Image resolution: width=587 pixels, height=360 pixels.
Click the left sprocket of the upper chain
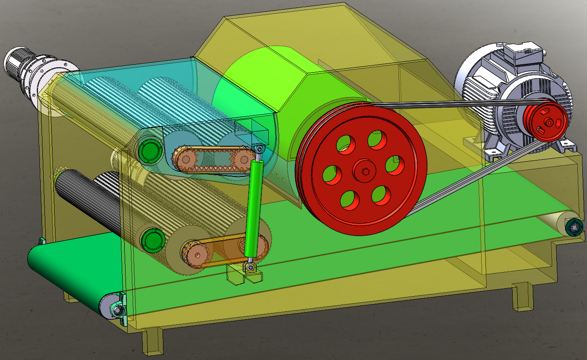tap(185, 159)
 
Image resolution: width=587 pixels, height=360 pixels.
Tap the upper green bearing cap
tap(149, 150)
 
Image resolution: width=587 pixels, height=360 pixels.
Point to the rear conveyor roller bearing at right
tap(573, 227)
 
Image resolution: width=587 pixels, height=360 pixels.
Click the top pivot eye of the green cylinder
tap(259, 149)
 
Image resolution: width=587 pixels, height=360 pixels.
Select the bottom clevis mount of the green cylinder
tap(250, 269)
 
